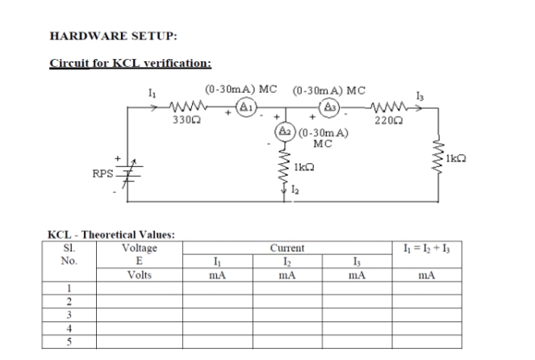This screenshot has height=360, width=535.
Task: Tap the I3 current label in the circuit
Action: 418,95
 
